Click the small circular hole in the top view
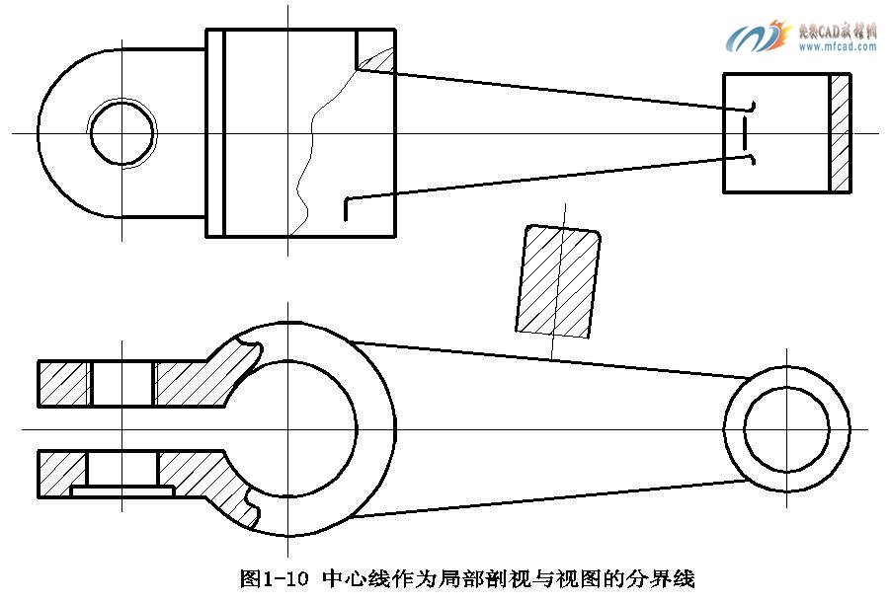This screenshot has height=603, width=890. pyautogui.click(x=122, y=131)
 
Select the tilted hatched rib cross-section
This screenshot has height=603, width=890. pyautogui.click(x=558, y=281)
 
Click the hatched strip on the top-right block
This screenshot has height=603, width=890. pyautogui.click(x=840, y=132)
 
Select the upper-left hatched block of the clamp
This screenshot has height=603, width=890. pyautogui.click(x=64, y=383)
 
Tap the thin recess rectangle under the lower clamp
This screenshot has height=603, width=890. pyautogui.click(x=123, y=490)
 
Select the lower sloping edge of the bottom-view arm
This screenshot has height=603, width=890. pyautogui.click(x=553, y=497)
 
